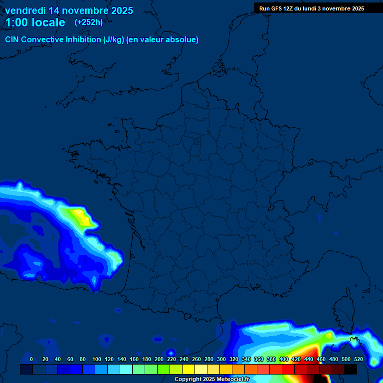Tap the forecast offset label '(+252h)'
tap(89, 22)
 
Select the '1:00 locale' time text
tap(35, 22)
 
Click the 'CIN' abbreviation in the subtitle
tap(12, 40)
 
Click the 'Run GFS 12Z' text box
tap(312, 8)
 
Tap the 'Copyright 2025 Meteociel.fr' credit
tap(211, 379)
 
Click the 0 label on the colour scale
tap(31, 359)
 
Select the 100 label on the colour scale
tap(97, 359)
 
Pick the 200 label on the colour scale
tap(159, 359)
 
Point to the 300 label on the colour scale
tap(221, 359)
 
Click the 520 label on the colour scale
tap(358, 359)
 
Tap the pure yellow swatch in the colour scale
tap(189, 369)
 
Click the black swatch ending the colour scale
tap(351, 369)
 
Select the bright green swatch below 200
tap(164, 369)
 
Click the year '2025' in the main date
tap(122, 10)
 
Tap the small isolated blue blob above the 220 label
tap(171, 352)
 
